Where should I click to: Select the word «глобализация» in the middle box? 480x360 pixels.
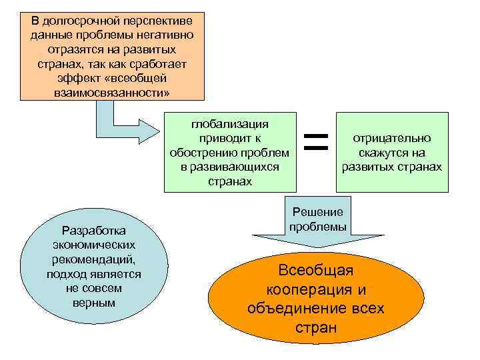[x=230, y=124]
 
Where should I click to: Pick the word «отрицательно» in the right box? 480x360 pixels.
[x=392, y=138]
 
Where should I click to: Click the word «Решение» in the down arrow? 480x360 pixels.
[x=318, y=212]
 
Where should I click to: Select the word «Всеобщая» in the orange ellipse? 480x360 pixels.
[x=316, y=271]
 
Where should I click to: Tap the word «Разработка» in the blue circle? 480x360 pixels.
[x=93, y=231]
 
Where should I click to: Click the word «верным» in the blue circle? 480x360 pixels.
[x=93, y=303]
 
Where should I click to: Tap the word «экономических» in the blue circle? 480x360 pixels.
[x=93, y=245]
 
